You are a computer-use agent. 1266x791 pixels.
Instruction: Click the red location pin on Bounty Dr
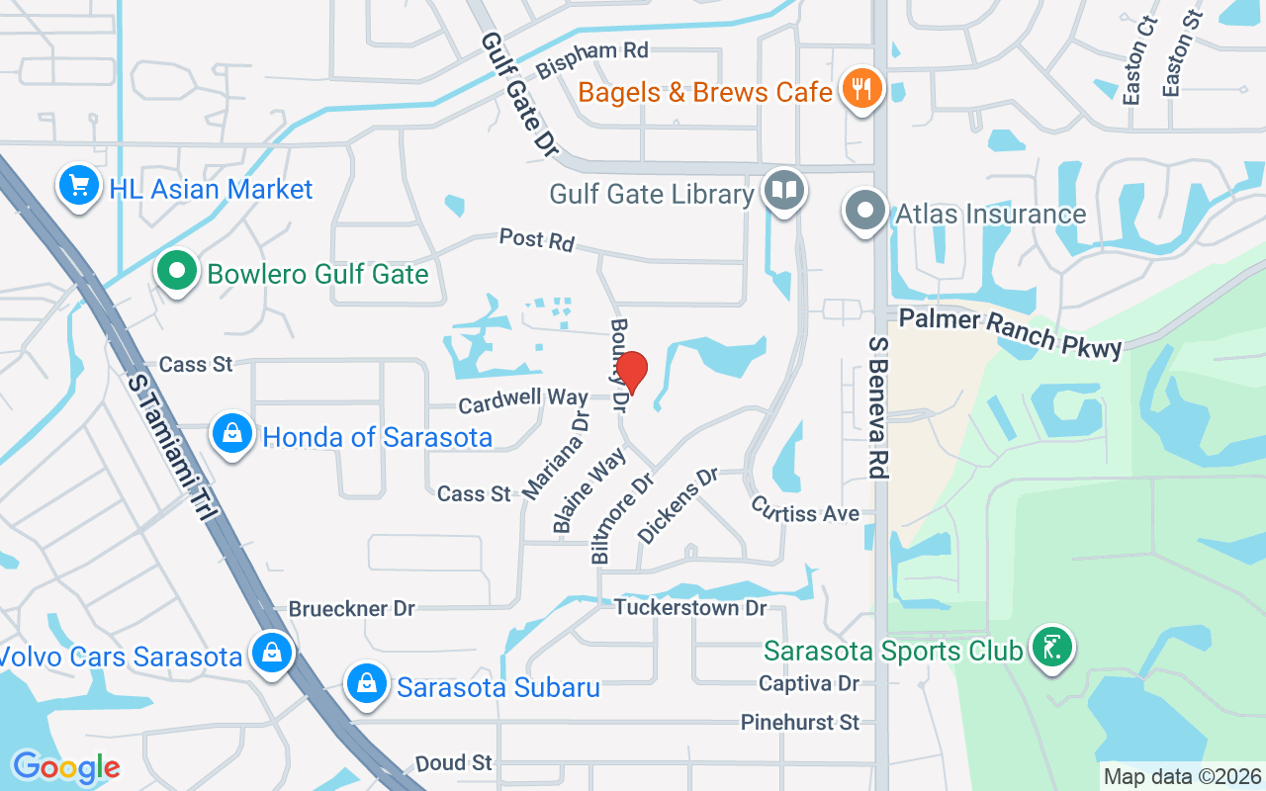632,373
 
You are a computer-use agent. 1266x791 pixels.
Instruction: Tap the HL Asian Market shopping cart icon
78,185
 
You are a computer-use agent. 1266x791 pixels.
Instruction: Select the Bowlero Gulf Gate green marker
176,271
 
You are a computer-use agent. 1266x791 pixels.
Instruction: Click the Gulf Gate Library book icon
785,190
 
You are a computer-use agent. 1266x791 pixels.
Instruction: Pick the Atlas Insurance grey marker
865,212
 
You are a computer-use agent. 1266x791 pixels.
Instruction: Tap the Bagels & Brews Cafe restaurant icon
861,90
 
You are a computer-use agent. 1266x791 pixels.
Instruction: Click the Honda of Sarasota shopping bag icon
232,434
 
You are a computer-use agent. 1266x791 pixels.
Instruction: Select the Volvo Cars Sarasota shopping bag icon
269,654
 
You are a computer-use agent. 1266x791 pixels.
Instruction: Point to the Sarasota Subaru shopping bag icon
366,683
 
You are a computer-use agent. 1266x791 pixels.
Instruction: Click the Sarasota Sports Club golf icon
1051,648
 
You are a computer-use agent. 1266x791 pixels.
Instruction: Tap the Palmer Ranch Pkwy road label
1010,332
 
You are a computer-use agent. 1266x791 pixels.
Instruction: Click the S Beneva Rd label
877,407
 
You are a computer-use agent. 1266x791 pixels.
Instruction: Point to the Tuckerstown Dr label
690,606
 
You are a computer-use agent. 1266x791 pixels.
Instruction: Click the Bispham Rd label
592,60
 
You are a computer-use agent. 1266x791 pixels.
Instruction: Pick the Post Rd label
536,238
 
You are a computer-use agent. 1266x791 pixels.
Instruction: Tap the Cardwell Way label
523,399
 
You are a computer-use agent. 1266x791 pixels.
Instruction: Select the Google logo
66,767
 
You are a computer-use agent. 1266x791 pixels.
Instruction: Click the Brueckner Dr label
351,608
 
